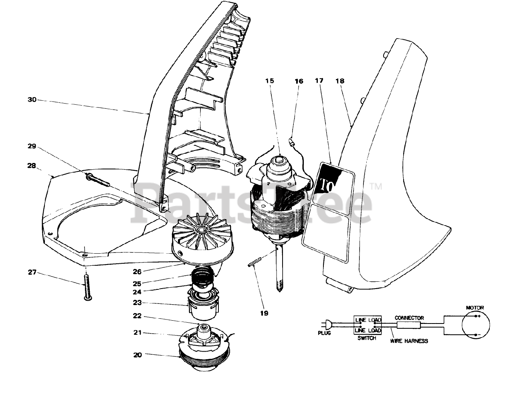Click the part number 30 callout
click(32, 100)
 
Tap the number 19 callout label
click(264, 313)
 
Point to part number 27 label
click(32, 273)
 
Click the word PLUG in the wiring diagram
click(324, 333)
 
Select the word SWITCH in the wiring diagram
click(366, 338)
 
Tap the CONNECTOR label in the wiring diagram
click(409, 317)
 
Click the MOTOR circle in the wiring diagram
click(475, 326)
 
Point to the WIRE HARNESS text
click(409, 341)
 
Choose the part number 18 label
click(340, 81)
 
